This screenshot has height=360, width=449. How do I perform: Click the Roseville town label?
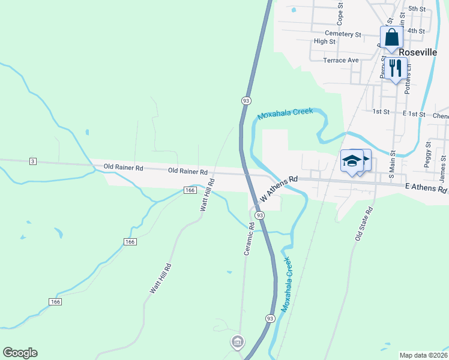pyautogui.click(x=428, y=52)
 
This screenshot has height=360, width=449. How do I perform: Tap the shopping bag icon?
pyautogui.click(x=391, y=37)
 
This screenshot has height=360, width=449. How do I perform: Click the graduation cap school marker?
pyautogui.click(x=352, y=161)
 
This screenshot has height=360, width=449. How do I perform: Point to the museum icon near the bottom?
pyautogui.click(x=237, y=342)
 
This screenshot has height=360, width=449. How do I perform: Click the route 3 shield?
pyautogui.click(x=32, y=161)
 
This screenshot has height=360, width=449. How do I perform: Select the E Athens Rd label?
pyautogui.click(x=426, y=188)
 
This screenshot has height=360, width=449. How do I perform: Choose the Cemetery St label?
pyautogui.click(x=343, y=34)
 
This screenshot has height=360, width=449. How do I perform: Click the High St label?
pyautogui.click(x=325, y=41)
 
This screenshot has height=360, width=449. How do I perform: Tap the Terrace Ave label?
pyautogui.click(x=340, y=60)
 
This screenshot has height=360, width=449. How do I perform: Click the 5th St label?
pyautogui.click(x=416, y=9)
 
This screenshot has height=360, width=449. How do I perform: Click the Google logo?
pyautogui.click(x=20, y=353)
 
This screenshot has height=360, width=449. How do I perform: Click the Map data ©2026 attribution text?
pyautogui.click(x=423, y=355)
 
